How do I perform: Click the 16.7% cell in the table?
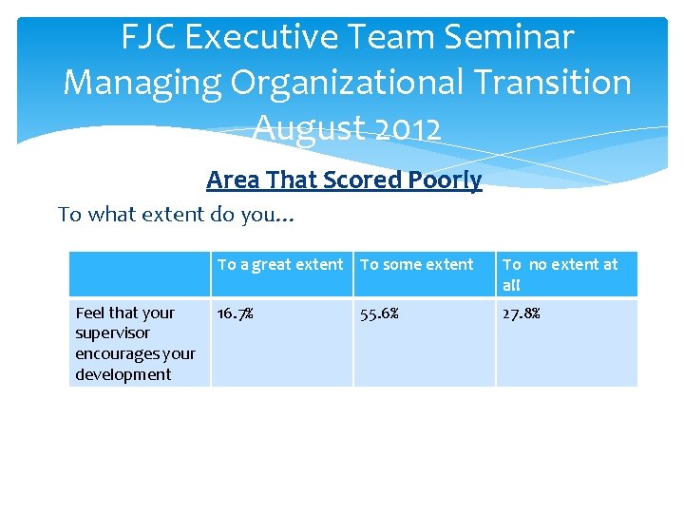[236, 313]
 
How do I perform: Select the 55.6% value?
[378, 313]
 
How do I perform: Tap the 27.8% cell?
[521, 313]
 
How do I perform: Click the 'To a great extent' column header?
[280, 265]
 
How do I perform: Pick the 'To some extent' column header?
[416, 265]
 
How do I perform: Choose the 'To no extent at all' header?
[560, 275]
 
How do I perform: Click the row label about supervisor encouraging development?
[135, 343]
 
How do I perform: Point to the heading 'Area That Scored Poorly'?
[344, 180]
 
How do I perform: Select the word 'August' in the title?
[298, 126]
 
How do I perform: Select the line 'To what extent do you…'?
[177, 215]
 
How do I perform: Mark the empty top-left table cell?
[140, 275]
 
